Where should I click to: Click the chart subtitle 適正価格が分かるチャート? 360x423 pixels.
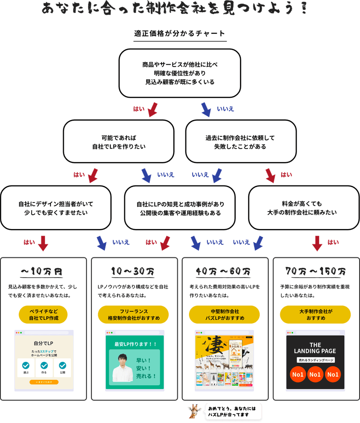pos(180,34)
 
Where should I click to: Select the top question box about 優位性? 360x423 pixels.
pos(180,73)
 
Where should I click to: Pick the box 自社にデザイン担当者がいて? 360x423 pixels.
pos(55,208)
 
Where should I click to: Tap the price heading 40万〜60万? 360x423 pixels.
pos(224,272)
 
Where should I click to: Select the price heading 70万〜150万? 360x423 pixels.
pos(315,272)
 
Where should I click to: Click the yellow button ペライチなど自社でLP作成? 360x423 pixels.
pos(43,315)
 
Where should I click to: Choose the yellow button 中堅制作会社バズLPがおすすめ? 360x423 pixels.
pos(224,315)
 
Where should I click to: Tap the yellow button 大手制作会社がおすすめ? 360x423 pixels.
pos(315,315)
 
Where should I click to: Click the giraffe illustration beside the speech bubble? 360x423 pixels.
pos(195,410)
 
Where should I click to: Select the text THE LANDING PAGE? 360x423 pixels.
pos(315,348)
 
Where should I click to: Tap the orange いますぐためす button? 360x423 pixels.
pos(44,382)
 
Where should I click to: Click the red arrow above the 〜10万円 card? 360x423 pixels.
pos(43,243)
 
